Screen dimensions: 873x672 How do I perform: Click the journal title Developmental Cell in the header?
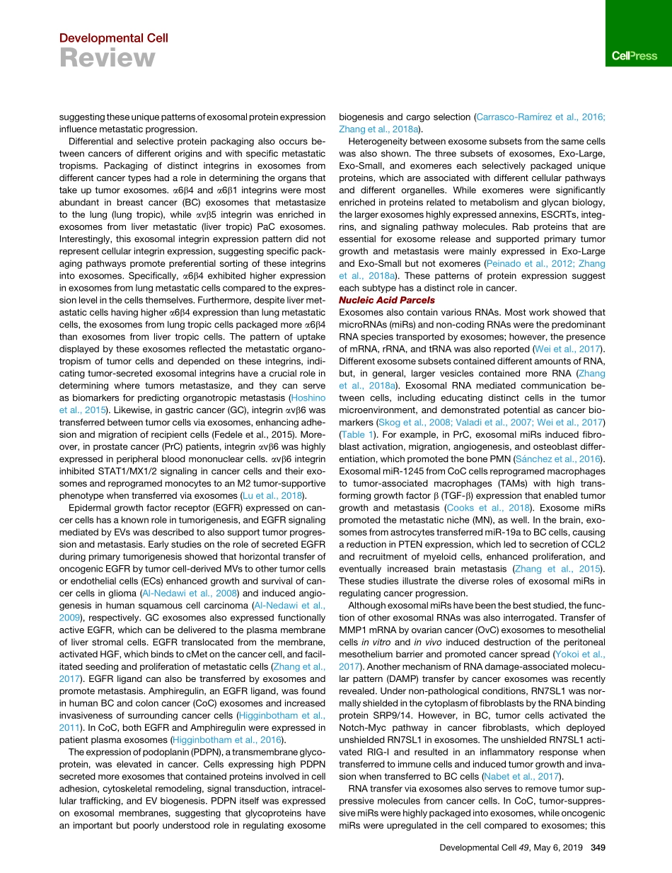point(113,38)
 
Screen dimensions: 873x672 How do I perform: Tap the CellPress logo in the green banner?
point(635,56)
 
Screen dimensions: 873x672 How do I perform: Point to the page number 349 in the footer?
point(598,848)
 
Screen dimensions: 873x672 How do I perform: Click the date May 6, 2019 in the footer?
point(555,848)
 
